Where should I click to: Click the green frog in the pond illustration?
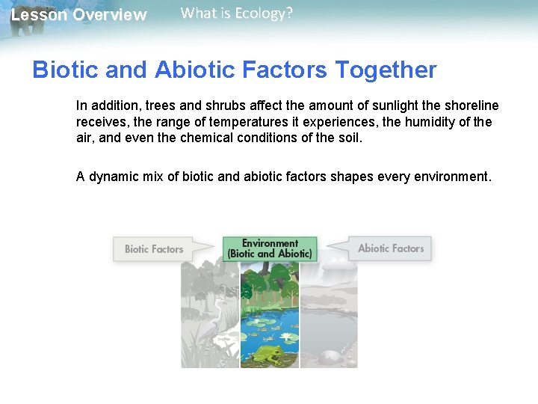click(267, 354)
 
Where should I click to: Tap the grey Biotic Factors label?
click(153, 249)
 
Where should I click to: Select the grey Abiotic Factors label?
click(390, 248)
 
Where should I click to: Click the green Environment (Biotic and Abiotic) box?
click(270, 248)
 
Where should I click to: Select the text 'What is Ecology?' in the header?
click(237, 13)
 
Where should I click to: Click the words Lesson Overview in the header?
click(79, 15)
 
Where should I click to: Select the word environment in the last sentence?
click(452, 177)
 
